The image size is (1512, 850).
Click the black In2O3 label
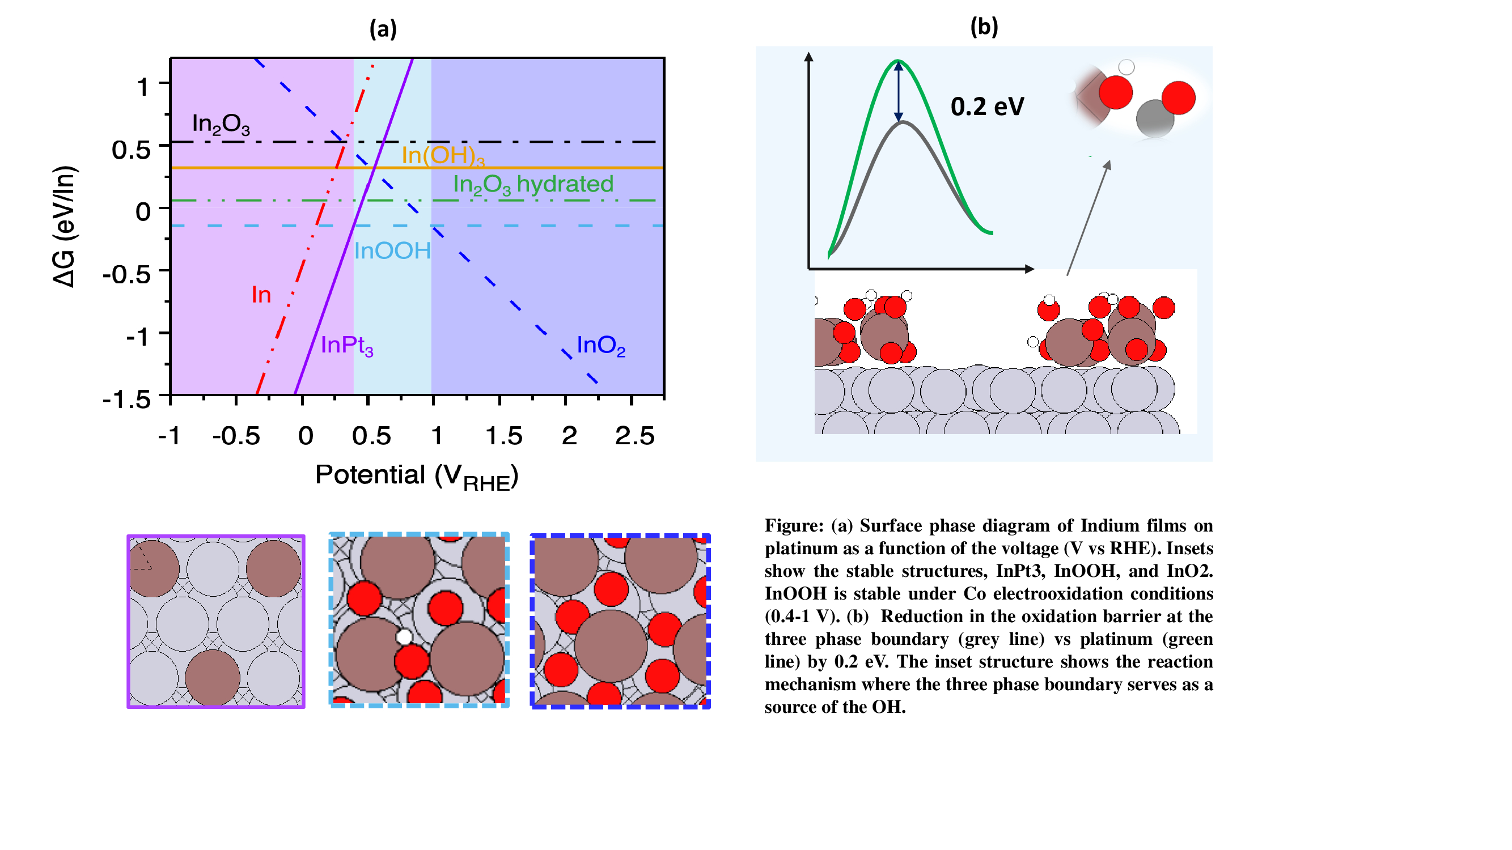click(x=221, y=124)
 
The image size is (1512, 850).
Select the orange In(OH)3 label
click(x=443, y=155)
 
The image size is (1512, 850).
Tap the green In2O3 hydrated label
click(x=533, y=185)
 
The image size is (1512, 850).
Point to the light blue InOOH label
click(x=392, y=251)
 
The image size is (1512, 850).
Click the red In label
click(x=261, y=295)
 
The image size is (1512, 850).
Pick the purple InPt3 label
click(x=347, y=346)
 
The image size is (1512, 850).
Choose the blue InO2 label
click(x=600, y=346)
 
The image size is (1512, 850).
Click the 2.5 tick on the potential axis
click(x=634, y=436)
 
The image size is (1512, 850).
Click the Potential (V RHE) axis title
click(x=417, y=476)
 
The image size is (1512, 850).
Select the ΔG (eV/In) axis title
click(x=65, y=227)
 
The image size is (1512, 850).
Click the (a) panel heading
click(x=383, y=28)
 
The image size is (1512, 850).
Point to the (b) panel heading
click(x=984, y=27)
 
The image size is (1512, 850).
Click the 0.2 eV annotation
click(x=987, y=107)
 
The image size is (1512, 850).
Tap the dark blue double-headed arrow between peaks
click(x=898, y=91)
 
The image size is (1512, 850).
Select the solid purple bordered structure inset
click(x=216, y=621)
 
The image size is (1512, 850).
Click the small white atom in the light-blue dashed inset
click(x=404, y=637)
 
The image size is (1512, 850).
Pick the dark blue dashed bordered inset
click(x=620, y=621)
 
